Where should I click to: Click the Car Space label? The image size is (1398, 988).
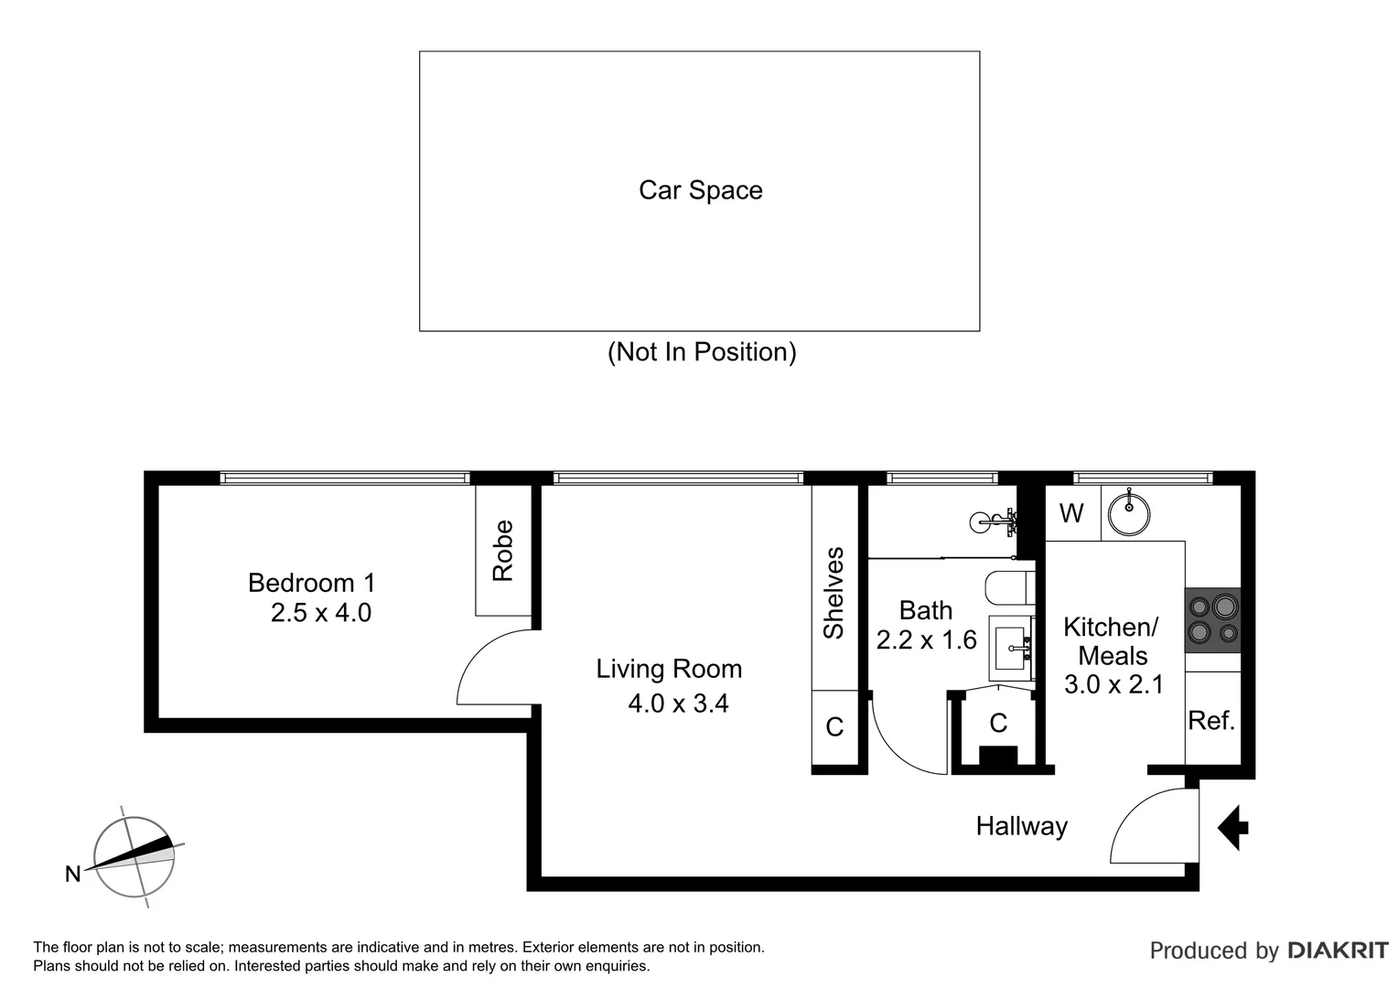coord(700,190)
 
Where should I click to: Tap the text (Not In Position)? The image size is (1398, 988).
coord(702,352)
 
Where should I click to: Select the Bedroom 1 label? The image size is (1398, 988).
coord(311,583)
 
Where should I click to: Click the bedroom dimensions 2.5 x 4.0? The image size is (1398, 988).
coord(320,613)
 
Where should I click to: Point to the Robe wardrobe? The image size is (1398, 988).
coord(502,551)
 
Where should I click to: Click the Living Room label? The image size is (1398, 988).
coord(669,669)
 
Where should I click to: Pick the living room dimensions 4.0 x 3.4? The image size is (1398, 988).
coord(677,703)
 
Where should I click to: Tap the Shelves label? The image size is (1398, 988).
coord(833,593)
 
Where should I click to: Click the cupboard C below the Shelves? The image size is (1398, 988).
coord(834,727)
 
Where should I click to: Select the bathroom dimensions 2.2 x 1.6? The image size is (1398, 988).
coord(926,640)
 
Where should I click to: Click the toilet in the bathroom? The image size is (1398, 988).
coord(1010,587)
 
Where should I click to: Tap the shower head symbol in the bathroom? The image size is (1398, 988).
coord(993,521)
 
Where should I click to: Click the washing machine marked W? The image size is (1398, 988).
coord(1071,513)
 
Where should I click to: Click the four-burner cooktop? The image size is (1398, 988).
coord(1212,619)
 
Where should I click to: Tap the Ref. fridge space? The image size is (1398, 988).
coord(1211,721)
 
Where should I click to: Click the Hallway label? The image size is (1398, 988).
coord(1021,827)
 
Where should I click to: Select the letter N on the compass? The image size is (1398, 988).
coord(72,875)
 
